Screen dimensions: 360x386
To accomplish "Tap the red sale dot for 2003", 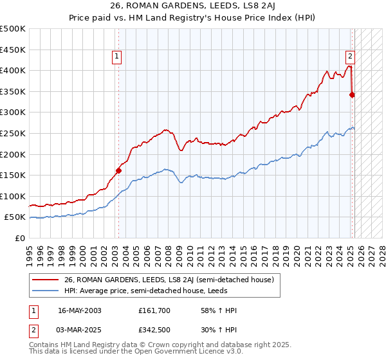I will pyautogui.click(x=118, y=170).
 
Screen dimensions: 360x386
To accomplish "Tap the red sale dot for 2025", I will pyautogui.click(x=352, y=94).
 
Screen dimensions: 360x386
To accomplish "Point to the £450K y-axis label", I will pyautogui.click(x=13, y=50).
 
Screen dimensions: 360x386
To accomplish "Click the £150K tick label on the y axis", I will pyautogui.click(x=13, y=175).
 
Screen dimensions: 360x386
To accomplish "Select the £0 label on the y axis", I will pyautogui.click(x=20, y=238).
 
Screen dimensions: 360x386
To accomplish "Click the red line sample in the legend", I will pyautogui.click(x=46, y=280).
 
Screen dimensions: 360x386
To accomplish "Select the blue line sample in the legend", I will pyautogui.click(x=46, y=291).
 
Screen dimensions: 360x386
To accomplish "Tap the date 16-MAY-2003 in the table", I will pyautogui.click(x=79, y=310).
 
